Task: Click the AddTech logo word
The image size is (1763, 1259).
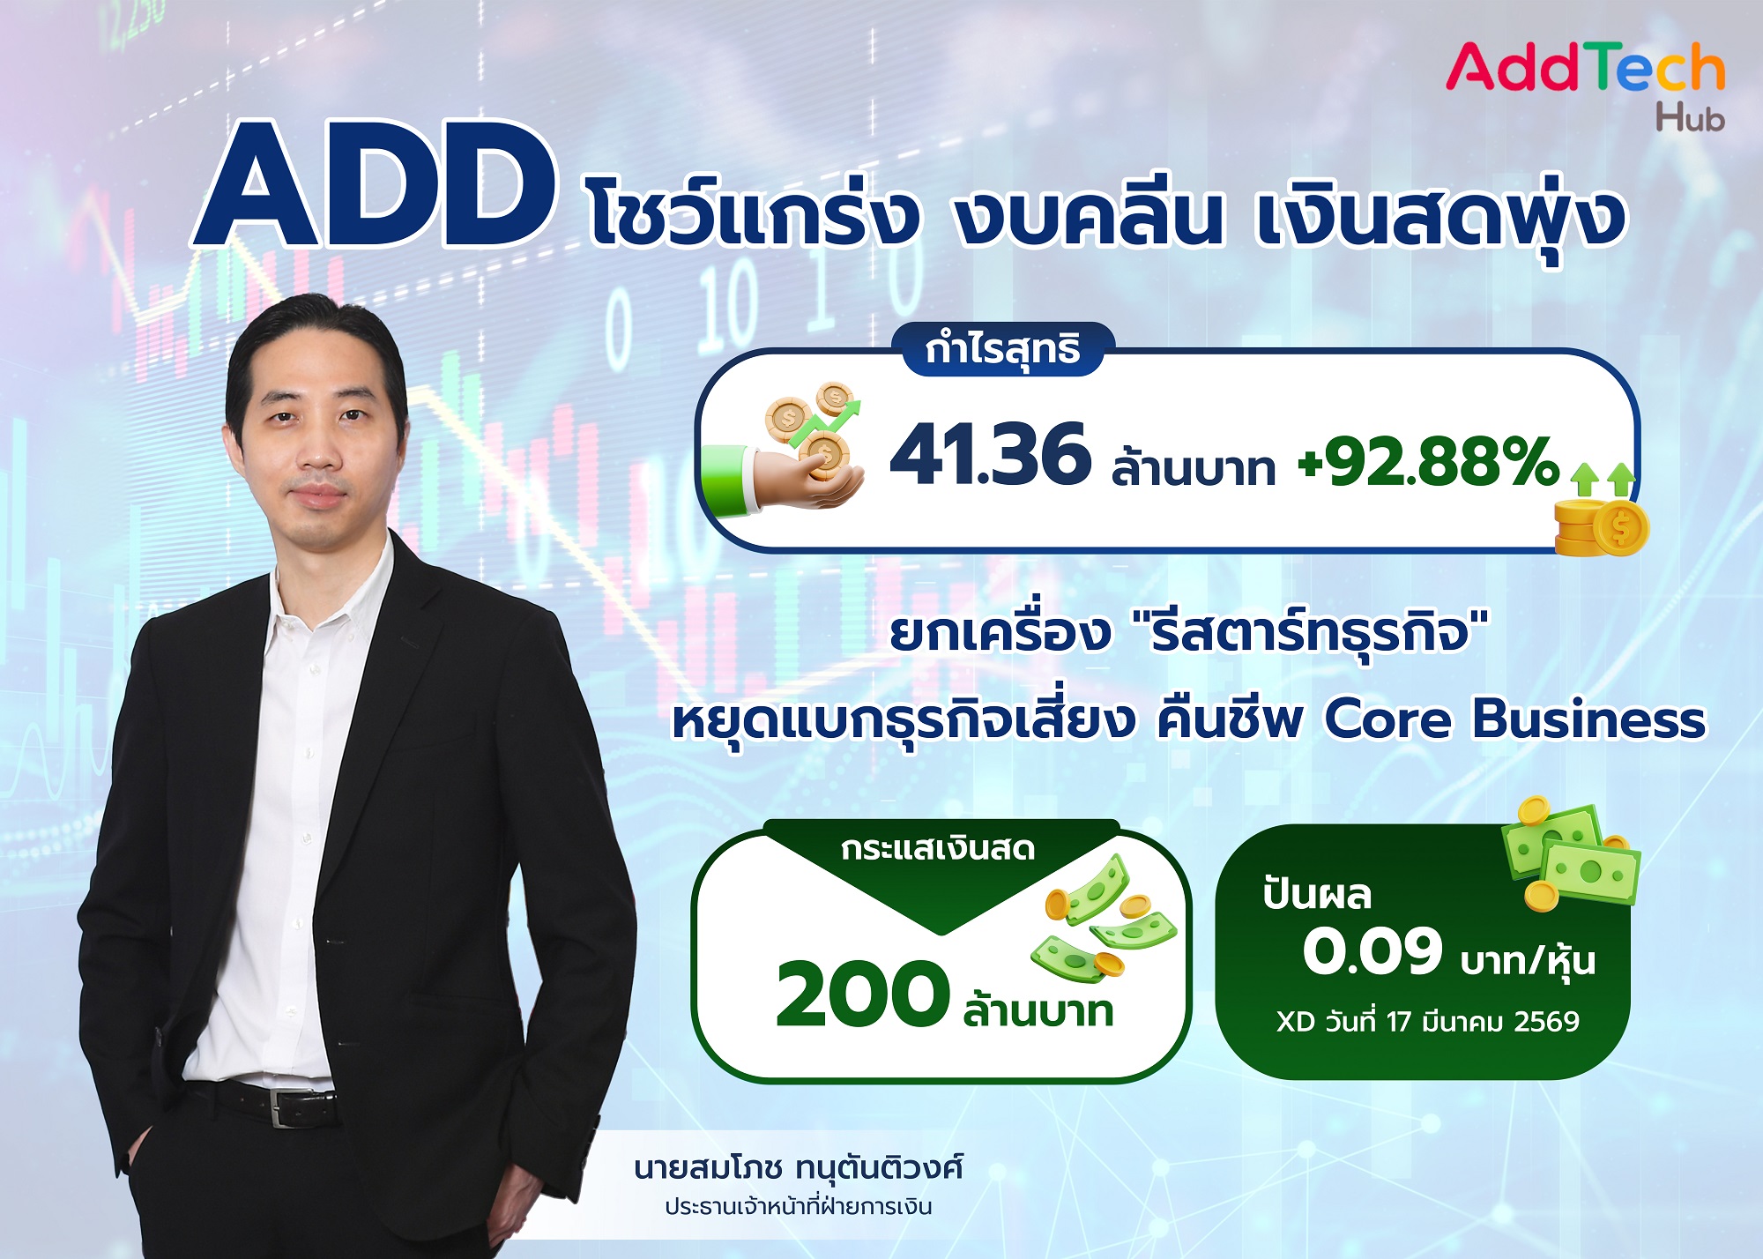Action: click(x=1584, y=68)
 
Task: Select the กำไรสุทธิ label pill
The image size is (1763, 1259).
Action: click(x=1003, y=349)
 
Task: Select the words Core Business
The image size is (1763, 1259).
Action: click(x=1514, y=719)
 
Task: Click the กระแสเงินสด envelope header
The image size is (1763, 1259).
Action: click(x=938, y=849)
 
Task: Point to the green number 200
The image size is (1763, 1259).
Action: click(x=861, y=995)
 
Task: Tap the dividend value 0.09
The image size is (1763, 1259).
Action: click(x=1372, y=952)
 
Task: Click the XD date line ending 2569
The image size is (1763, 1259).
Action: click(x=1427, y=1022)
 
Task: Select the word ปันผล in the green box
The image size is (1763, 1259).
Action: click(x=1317, y=895)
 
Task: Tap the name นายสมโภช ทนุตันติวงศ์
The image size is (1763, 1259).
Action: click(x=798, y=1168)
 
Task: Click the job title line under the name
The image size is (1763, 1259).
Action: click(x=798, y=1206)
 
